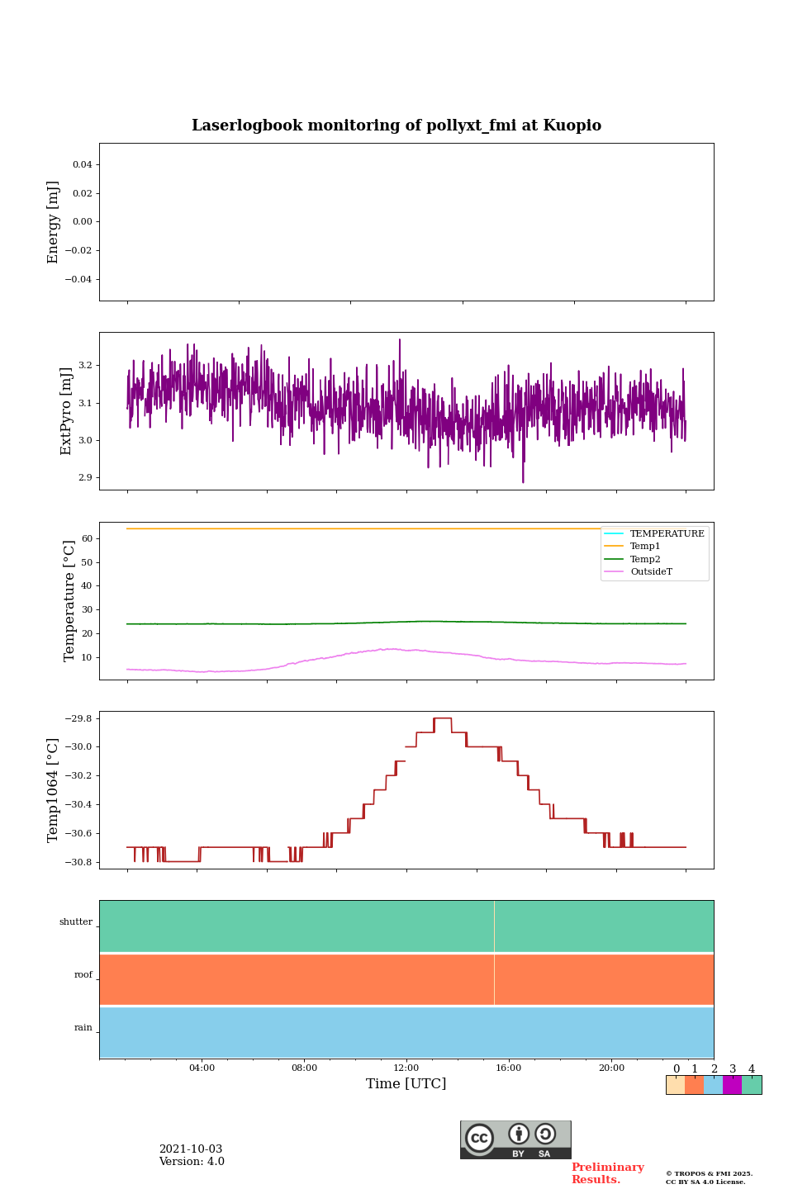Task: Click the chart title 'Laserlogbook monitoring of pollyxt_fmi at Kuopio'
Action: [396, 126]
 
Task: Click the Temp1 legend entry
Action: [645, 547]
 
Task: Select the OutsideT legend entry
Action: [651, 572]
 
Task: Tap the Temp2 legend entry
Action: [645, 560]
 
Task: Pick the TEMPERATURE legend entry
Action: [667, 534]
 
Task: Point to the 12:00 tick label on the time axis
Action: [406, 1068]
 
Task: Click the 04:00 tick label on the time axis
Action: [202, 1068]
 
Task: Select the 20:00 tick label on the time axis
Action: [611, 1068]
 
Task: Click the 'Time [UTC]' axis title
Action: [406, 1084]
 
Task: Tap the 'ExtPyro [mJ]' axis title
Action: [67, 411]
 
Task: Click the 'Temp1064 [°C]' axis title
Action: [54, 790]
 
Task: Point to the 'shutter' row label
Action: [76, 922]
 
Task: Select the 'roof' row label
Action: [83, 975]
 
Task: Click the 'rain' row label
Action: [83, 1028]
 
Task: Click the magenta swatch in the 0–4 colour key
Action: [732, 1085]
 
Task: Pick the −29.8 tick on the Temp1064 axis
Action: [78, 718]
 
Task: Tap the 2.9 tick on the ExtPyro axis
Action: [85, 478]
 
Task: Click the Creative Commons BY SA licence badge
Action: [515, 1139]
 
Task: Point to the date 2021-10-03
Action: [191, 1149]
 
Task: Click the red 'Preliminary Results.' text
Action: [607, 1173]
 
